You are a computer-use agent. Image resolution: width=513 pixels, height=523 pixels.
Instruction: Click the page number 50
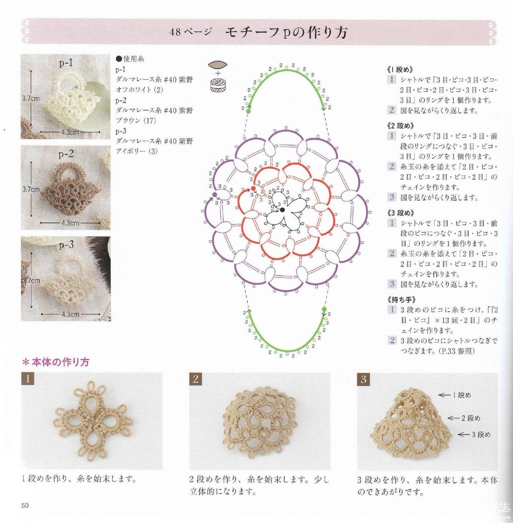[25, 505]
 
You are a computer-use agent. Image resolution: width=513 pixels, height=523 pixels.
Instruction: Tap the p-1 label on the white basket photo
[65, 63]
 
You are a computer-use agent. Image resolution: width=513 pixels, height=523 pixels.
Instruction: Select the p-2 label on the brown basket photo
[66, 154]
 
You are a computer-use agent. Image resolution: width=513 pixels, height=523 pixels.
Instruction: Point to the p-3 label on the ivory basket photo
[66, 245]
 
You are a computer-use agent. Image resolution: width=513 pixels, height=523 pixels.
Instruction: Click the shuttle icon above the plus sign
[218, 65]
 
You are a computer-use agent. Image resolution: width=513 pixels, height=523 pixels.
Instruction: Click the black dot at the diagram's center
[282, 210]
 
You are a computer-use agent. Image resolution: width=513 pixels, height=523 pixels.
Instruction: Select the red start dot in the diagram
[253, 188]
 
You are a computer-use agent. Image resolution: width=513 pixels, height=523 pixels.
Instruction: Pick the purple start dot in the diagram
[215, 195]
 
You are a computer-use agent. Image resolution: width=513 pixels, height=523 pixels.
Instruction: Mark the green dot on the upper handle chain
[249, 111]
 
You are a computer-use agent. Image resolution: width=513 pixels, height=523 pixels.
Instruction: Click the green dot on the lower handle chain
[324, 309]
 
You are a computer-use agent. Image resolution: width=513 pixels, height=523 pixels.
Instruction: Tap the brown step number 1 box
[28, 379]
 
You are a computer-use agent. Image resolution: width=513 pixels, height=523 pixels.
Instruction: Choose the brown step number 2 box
[196, 379]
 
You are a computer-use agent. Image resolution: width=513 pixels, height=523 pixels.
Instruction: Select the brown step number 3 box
[363, 379]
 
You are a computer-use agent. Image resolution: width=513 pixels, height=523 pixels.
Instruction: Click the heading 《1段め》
[400, 70]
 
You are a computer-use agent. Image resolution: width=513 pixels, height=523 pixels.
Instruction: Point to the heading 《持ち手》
[402, 299]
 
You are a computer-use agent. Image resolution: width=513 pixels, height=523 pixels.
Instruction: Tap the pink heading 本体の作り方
[56, 362]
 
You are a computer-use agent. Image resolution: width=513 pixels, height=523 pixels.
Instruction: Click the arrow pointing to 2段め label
[453, 418]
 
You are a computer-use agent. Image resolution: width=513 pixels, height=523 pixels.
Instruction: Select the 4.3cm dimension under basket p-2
[70, 223]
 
